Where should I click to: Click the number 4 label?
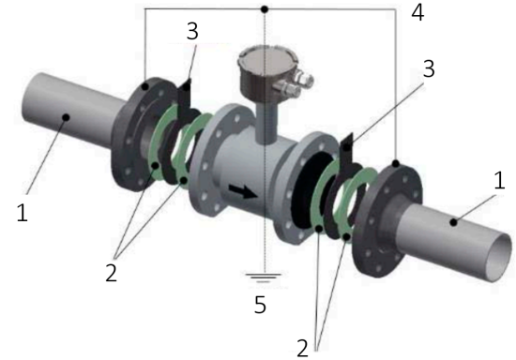417,14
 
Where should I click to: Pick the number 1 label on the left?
22,215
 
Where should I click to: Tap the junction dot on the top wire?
266,9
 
